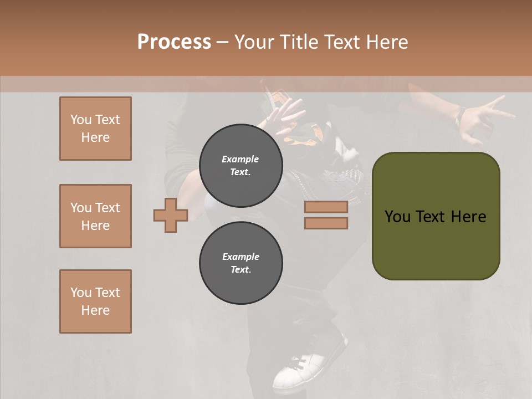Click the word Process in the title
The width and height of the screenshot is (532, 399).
click(174, 42)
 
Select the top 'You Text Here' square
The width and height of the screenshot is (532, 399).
click(95, 129)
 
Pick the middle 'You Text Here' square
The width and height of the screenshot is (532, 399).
click(95, 216)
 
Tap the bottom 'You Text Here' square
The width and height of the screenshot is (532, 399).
click(95, 301)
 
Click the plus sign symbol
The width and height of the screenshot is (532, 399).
click(171, 215)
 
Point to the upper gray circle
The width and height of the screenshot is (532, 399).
click(241, 166)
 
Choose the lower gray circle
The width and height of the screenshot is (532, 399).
click(241, 263)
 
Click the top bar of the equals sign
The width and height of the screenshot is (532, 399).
click(326, 207)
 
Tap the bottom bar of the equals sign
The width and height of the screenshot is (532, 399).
click(326, 223)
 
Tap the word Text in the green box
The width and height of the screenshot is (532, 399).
click(431, 217)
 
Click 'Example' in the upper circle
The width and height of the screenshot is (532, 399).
click(241, 160)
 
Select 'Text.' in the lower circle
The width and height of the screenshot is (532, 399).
click(241, 270)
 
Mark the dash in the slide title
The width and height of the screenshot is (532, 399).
click(223, 42)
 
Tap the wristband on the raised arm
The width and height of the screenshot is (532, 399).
click(459, 115)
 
